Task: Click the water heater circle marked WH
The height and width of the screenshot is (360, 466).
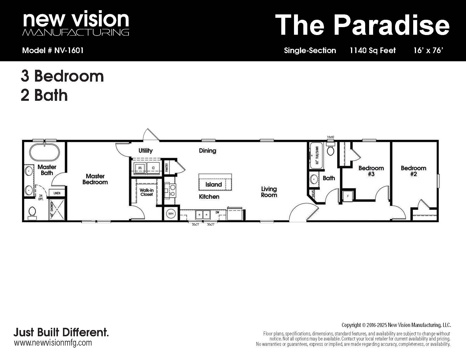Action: [171, 214]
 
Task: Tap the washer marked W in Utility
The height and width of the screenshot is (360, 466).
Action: [140, 168]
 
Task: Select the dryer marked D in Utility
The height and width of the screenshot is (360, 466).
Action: [153, 168]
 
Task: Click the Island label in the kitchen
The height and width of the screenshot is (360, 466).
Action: [214, 184]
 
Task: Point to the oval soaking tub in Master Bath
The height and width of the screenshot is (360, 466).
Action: [44, 152]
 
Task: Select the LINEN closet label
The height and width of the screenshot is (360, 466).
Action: [57, 193]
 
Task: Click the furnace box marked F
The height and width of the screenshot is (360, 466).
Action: [348, 196]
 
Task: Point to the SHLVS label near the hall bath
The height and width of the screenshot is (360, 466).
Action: [313, 194]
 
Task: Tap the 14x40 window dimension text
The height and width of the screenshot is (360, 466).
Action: [330, 137]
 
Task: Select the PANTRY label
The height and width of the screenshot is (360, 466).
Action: [167, 167]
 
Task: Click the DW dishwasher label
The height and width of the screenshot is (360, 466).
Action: [217, 212]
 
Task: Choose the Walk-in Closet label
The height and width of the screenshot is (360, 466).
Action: [147, 192]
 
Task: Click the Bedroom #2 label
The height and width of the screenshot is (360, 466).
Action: [413, 171]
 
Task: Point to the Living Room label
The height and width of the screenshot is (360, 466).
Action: [269, 192]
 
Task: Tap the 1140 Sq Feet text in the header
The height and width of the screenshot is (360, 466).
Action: [373, 50]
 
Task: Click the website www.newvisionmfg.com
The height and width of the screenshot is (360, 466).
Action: [53, 342]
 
